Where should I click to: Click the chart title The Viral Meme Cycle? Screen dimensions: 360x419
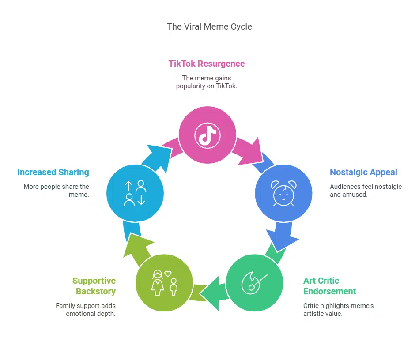(209, 26)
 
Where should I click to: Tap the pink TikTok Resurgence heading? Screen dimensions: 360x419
(206, 64)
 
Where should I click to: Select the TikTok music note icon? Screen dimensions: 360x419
(207, 135)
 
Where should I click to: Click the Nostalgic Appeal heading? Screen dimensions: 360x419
(363, 172)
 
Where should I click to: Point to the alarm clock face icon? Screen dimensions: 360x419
(283, 193)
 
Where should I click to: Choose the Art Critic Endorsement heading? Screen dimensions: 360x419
(329, 286)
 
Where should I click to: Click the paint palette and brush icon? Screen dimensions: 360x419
(254, 283)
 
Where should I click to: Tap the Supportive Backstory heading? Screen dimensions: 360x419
(94, 286)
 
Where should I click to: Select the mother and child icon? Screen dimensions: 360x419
(164, 283)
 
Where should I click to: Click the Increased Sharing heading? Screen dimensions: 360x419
(53, 172)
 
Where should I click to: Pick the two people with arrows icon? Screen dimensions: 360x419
(135, 193)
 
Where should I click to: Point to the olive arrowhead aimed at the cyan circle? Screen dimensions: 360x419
(136, 244)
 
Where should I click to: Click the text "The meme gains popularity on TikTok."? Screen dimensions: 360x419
(206, 82)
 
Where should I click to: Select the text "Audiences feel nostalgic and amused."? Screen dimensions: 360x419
(366, 190)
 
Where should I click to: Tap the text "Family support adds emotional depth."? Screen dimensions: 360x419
(86, 309)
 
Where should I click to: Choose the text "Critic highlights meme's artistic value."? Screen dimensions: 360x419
(338, 309)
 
